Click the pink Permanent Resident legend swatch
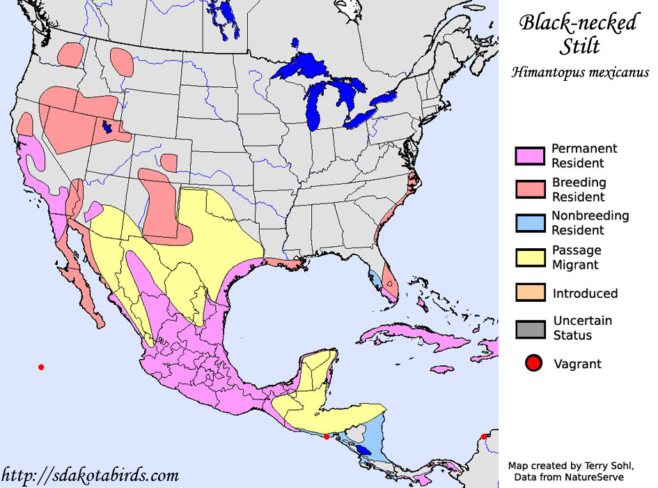[528, 156]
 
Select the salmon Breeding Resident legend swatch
[528, 190]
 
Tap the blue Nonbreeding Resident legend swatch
[528, 223]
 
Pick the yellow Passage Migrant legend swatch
[528, 257]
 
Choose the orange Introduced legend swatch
[528, 293]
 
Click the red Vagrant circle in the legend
[534, 363]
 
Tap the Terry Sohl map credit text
[572, 465]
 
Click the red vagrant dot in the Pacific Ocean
[41, 367]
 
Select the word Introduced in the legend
[585, 293]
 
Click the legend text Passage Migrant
[577, 257]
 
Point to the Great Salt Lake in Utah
[107, 127]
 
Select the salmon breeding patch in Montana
[121, 61]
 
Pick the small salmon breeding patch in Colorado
[169, 162]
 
